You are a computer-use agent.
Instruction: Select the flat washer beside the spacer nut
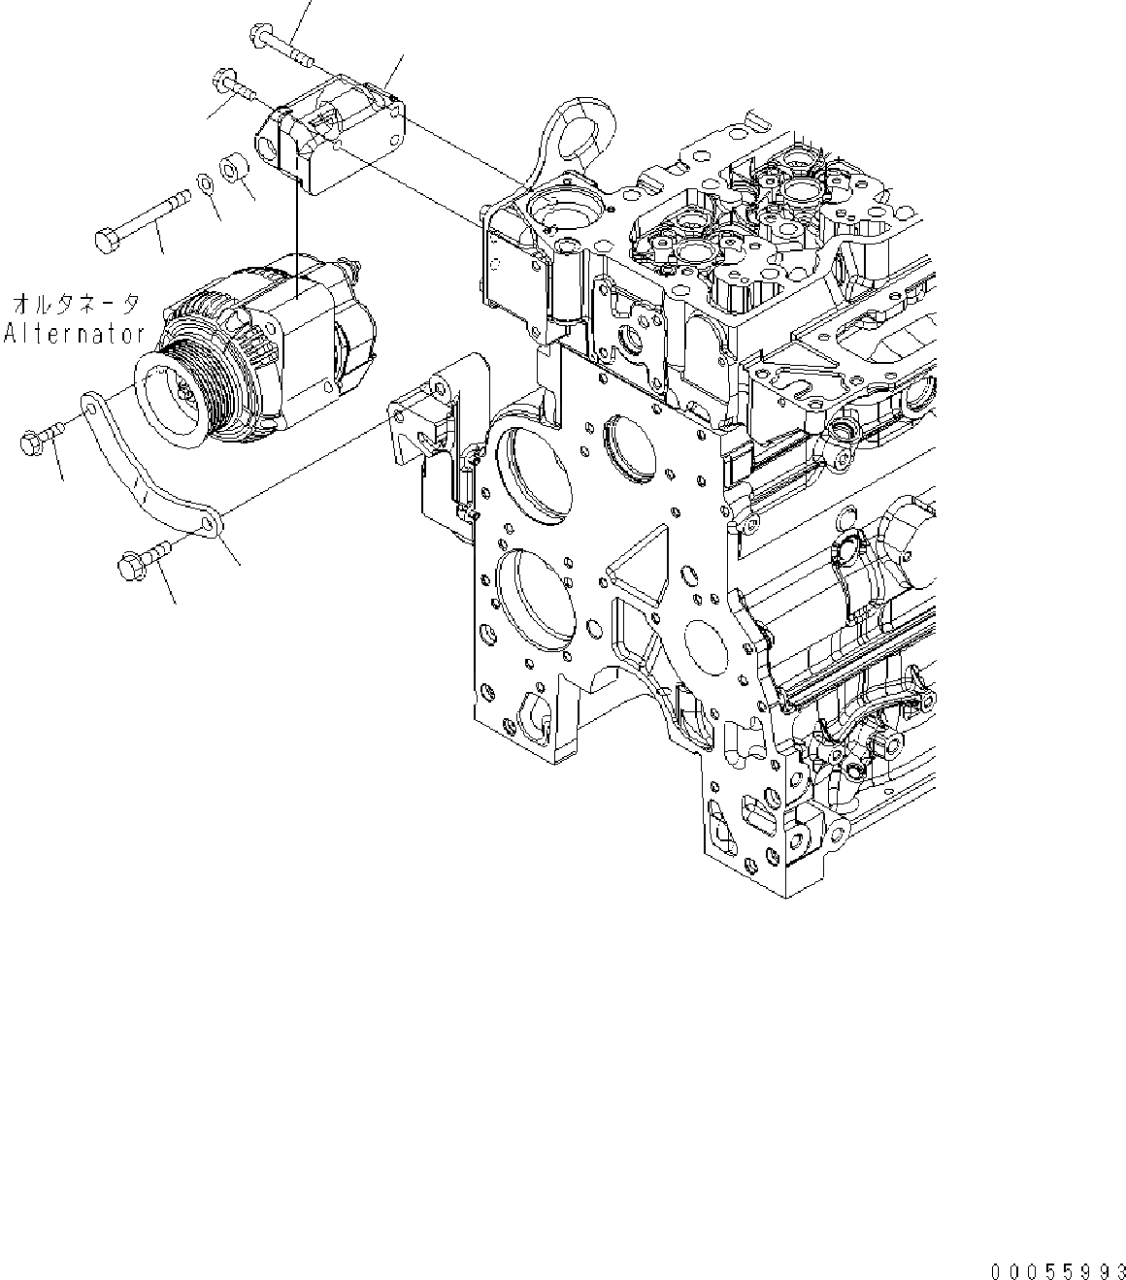(x=205, y=181)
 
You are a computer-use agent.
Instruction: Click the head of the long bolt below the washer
(x=107, y=237)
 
